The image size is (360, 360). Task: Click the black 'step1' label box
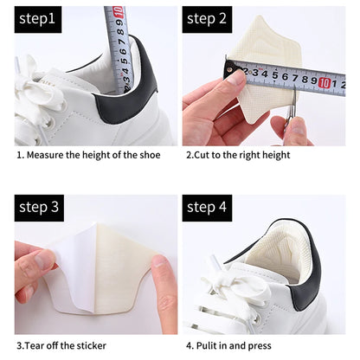pyautogui.click(x=37, y=19)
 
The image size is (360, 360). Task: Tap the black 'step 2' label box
pyautogui.click(x=207, y=19)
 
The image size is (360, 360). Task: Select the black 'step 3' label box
pyautogui.click(x=38, y=207)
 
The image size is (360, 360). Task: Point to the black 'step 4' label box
pyautogui.click(x=207, y=207)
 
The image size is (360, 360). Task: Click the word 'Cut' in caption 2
pyautogui.click(x=204, y=156)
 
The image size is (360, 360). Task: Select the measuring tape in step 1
pyautogui.click(x=118, y=48)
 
